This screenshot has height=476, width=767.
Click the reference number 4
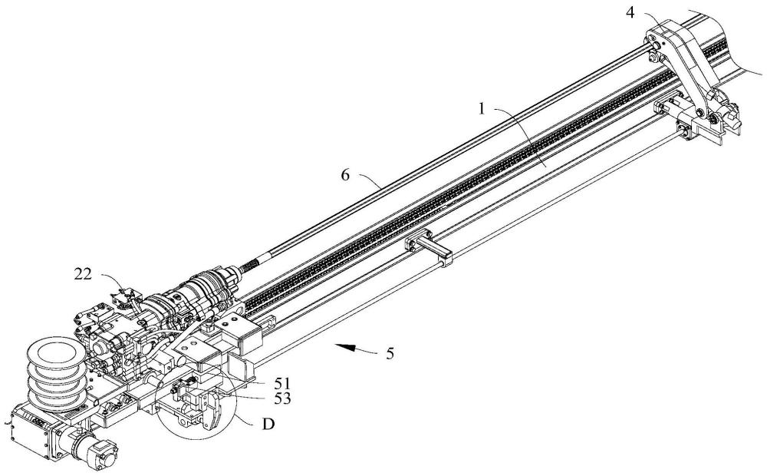pos(630,13)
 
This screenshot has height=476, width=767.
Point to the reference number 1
pos(482,108)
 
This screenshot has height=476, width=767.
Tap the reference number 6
pos(345,175)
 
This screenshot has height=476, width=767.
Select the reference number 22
pos(83,274)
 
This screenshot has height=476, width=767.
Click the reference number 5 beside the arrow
pos(390,354)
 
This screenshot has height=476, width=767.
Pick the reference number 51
pos(282,383)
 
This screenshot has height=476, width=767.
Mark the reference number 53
pos(282,399)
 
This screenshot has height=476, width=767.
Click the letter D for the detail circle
pos(268,424)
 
